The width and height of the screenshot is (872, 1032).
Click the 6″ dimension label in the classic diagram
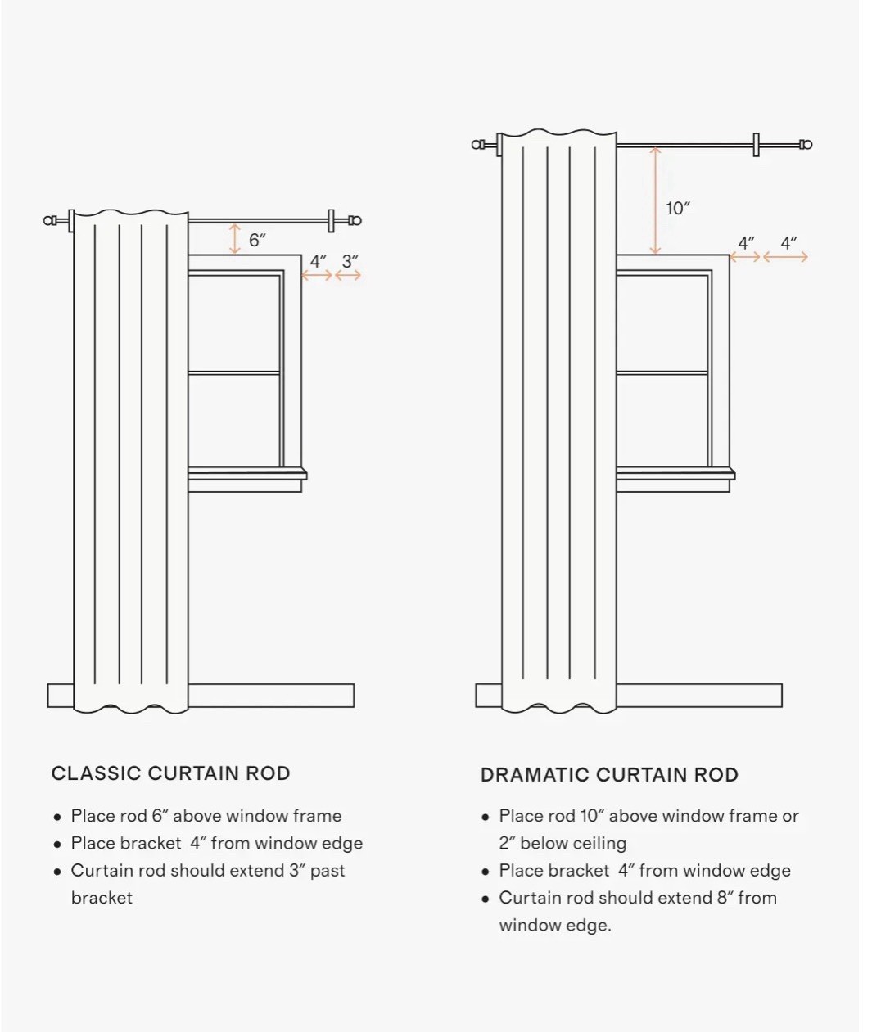tap(257, 241)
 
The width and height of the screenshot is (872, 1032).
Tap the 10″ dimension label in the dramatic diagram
tap(677, 209)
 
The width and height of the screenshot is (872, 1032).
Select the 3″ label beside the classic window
tap(350, 261)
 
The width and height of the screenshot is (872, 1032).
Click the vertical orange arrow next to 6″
tap(235, 238)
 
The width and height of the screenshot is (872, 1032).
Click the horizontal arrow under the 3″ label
tap(348, 275)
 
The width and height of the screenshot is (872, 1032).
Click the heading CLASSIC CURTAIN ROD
tap(170, 773)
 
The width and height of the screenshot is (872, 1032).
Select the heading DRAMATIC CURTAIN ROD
tap(609, 774)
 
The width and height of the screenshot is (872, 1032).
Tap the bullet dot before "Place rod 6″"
tap(58, 818)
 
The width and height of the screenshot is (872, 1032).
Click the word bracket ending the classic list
tap(102, 898)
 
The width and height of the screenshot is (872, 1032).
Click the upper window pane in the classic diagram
tap(234, 323)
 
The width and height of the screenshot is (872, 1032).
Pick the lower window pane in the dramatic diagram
tap(662, 420)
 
